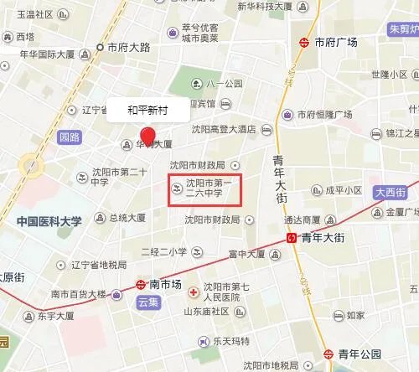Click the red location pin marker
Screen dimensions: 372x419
[x=148, y=136]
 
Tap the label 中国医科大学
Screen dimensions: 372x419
[x=49, y=222]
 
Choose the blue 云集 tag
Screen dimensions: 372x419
[x=147, y=302]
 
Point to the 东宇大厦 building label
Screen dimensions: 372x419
[x=56, y=317]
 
